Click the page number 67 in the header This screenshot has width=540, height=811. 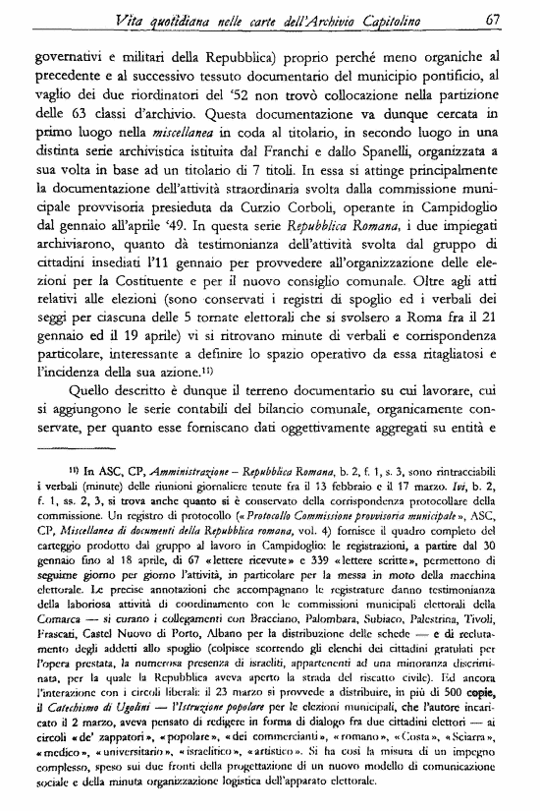(x=493, y=17)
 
